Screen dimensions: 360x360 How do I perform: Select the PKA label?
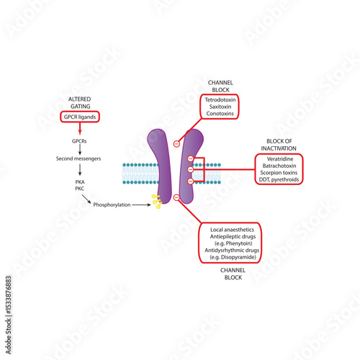(80, 182)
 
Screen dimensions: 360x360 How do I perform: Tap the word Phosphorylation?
(112, 204)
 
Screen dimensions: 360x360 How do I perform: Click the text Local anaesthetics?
(232, 229)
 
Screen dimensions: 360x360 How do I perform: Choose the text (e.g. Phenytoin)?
(232, 243)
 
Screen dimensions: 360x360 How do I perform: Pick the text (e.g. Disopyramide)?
(232, 257)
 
